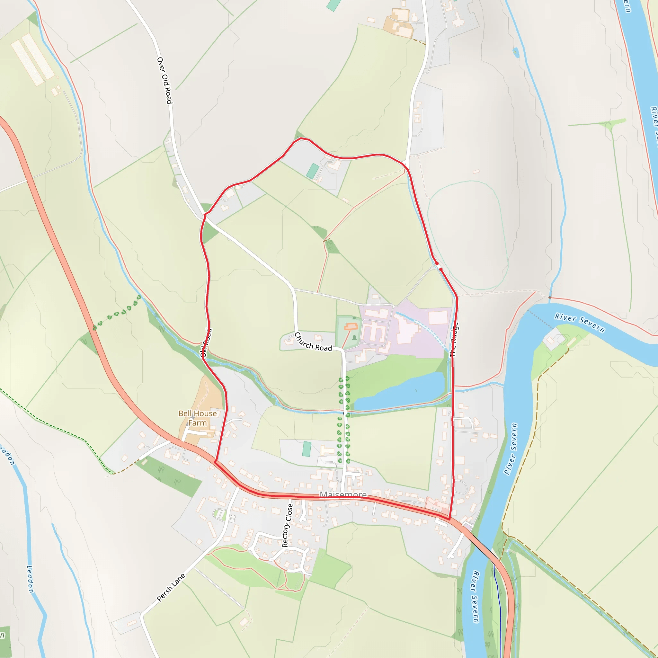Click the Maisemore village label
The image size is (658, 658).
[343, 494]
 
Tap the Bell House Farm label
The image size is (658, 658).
[198, 418]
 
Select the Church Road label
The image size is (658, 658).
[313, 342]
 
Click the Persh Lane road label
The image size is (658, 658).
[171, 588]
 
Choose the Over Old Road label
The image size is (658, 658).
[164, 80]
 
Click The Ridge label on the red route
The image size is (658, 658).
[454, 340]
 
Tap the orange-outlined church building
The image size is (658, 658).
[351, 327]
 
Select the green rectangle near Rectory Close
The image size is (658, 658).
[307, 449]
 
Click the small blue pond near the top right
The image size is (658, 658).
[516, 52]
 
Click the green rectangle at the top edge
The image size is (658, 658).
[334, 5]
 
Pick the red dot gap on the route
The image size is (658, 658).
[439, 266]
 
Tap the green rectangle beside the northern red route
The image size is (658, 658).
[312, 171]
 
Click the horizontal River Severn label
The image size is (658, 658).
[580, 323]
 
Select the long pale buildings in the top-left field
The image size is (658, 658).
[33, 58]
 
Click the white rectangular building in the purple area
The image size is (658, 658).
[438, 318]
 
